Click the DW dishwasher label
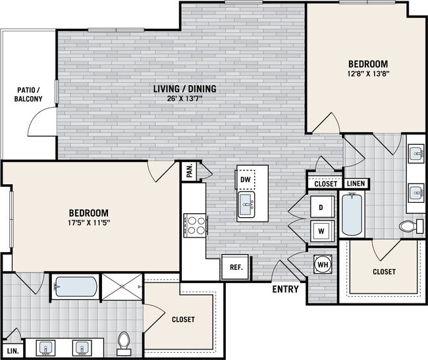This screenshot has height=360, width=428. point(246,179)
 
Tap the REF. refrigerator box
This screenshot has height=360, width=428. point(235,267)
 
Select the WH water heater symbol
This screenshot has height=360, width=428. point(323,264)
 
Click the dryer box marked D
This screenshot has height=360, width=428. point(321,207)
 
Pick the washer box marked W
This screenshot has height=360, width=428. point(321,230)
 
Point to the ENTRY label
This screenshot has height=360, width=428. point(285,289)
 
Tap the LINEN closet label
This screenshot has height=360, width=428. point(356,184)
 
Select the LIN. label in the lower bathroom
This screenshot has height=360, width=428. point(13,351)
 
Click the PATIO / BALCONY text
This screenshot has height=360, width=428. point(28,94)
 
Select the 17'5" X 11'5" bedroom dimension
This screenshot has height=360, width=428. point(89,223)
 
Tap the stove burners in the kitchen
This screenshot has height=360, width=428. point(195,225)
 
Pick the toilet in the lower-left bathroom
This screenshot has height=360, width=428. point(123,342)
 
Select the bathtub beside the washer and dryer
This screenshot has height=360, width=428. point(353,215)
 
